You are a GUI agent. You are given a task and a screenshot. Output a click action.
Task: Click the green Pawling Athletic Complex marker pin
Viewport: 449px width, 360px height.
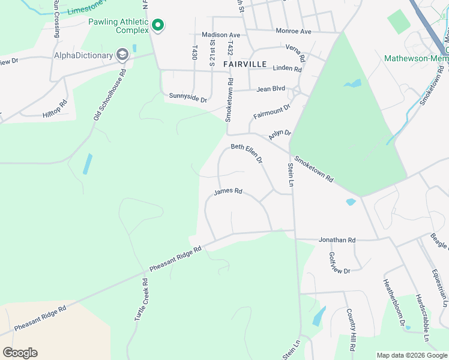158,25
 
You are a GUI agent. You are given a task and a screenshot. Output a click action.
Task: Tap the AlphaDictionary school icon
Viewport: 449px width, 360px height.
123,56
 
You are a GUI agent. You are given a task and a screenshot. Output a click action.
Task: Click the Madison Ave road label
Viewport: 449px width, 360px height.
220,35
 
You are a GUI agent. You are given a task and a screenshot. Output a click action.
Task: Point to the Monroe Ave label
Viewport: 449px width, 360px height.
294,31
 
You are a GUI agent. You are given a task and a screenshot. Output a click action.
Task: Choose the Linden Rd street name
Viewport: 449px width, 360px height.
287,69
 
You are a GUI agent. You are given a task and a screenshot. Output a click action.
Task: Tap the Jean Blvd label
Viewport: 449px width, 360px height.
271,89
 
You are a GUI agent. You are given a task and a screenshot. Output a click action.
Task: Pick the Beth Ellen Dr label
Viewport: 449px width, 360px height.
247,154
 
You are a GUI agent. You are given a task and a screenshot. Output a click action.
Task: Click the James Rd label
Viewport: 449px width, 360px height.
228,192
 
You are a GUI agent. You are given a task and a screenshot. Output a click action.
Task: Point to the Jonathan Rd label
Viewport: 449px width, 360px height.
337,240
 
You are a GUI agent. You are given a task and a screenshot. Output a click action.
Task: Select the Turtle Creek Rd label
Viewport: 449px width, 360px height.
140,299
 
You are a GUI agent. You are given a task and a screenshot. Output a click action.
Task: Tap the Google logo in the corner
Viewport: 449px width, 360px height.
20,353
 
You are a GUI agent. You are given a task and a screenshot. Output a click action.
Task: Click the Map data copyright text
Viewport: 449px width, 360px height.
412,355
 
